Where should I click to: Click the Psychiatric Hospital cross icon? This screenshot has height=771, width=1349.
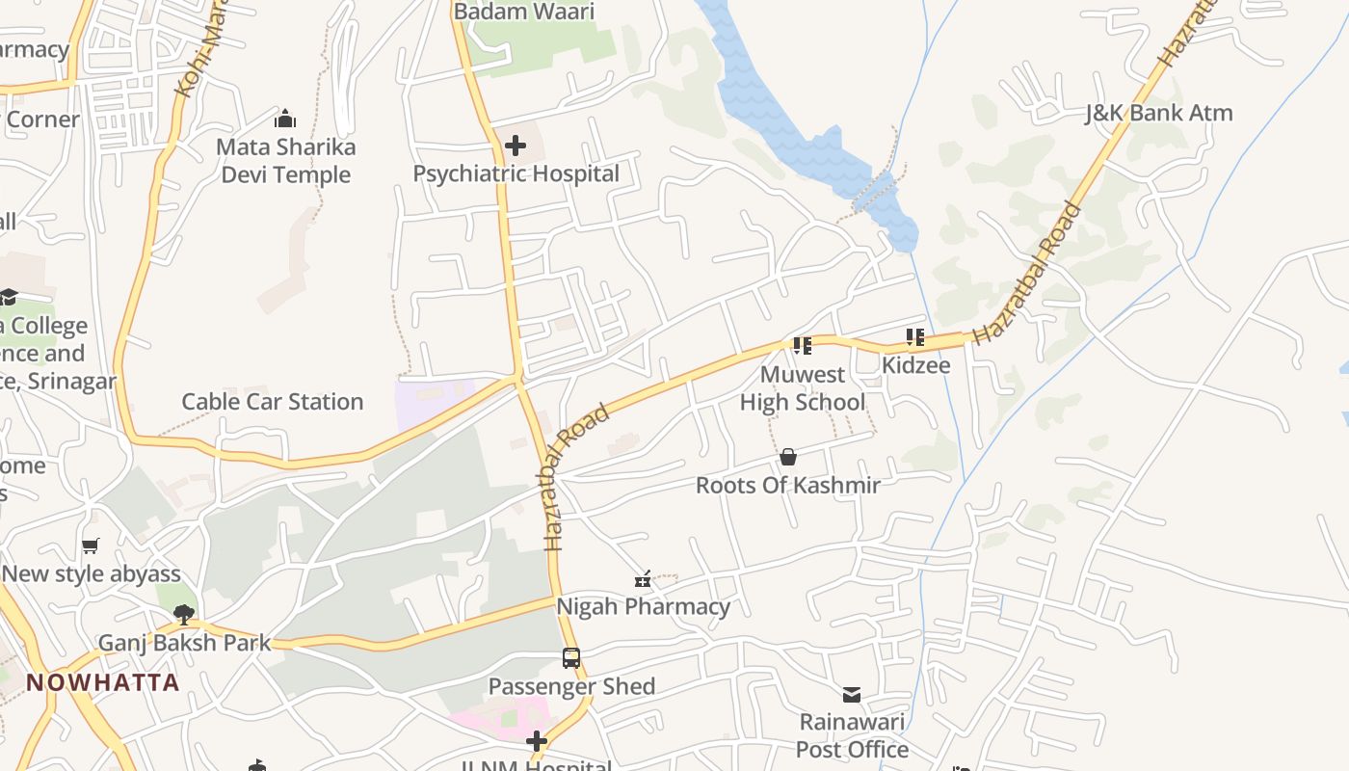(516, 146)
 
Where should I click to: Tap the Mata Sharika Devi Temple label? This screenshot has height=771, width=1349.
(285, 161)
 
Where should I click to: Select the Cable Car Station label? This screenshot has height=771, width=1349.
(273, 402)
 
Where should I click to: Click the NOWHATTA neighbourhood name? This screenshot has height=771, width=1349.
(103, 682)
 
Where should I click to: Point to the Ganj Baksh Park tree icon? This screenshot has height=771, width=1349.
(183, 614)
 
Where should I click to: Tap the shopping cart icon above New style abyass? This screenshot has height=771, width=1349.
(91, 545)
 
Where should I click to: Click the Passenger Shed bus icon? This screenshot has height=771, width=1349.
(571, 658)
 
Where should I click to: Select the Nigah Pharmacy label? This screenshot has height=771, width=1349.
(643, 606)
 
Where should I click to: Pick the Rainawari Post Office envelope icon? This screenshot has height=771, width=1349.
(852, 695)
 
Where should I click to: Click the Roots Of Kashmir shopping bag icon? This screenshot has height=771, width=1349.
(788, 457)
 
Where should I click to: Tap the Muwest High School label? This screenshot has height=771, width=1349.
(802, 388)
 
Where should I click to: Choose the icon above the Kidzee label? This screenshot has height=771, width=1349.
(914, 337)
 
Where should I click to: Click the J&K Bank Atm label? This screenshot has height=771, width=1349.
(1158, 113)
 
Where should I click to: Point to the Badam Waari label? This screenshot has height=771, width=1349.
(524, 12)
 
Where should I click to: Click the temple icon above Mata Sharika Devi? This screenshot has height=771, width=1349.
(285, 120)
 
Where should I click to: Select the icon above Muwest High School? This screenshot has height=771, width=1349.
(802, 345)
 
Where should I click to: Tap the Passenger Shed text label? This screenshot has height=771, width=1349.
(571, 686)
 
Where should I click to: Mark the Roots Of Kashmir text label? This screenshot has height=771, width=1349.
(788, 485)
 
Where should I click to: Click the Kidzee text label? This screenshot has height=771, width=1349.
(915, 365)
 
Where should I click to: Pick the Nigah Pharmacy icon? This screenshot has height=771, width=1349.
(643, 579)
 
